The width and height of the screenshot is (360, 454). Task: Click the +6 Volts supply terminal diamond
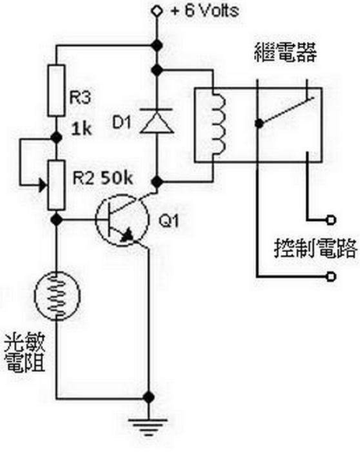pyautogui.click(x=157, y=11)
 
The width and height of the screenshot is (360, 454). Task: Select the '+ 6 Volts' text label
pyautogui.click(x=205, y=11)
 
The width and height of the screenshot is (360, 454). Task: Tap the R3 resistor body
pyautogui.click(x=56, y=91)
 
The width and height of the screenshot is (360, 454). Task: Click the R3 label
pyautogui.click(x=81, y=97)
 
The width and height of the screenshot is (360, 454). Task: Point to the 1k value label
pyautogui.click(x=81, y=129)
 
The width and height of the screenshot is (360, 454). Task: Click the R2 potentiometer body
pyautogui.click(x=56, y=186)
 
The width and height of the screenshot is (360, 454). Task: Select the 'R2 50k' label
pyautogui.click(x=103, y=178)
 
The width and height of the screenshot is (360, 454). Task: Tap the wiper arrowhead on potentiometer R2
pyautogui.click(x=43, y=185)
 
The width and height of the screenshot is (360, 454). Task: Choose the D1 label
pyautogui.click(x=122, y=122)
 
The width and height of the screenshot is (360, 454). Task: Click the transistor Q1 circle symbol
pyautogui.click(x=122, y=220)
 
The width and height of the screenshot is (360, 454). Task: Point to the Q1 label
pyautogui.click(x=169, y=221)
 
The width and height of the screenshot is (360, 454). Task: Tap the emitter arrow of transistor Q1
pyautogui.click(x=127, y=235)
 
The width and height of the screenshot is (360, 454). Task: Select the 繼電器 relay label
pyautogui.click(x=285, y=52)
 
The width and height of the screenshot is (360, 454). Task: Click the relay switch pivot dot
pyautogui.click(x=259, y=124)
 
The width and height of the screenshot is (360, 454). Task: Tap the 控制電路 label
pyautogui.click(x=316, y=248)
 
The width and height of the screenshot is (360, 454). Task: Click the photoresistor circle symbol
pyautogui.click(x=57, y=295)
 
